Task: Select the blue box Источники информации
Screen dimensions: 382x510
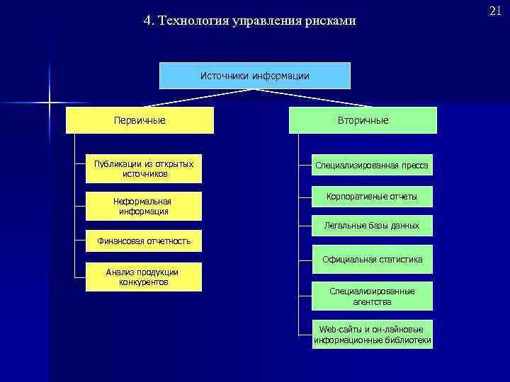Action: pyautogui.click(x=254, y=75)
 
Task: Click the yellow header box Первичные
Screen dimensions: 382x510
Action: pyautogui.click(x=140, y=120)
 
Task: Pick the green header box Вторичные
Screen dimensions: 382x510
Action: pyautogui.click(x=363, y=120)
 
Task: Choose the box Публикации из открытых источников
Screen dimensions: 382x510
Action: pyautogui.click(x=144, y=168)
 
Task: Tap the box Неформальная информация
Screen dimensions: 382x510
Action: pyautogui.click(x=143, y=206)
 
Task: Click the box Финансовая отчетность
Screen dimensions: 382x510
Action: pyautogui.click(x=144, y=241)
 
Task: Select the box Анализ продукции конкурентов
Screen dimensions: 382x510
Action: pyautogui.click(x=143, y=277)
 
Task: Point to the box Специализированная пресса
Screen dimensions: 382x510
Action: pyautogui.click(x=373, y=166)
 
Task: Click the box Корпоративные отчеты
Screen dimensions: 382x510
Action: pyautogui.click(x=373, y=196)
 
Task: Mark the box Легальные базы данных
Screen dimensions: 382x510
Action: pyautogui.click(x=373, y=226)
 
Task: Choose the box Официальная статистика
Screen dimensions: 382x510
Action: pyautogui.click(x=373, y=260)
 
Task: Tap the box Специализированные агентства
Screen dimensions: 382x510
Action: pyautogui.click(x=373, y=296)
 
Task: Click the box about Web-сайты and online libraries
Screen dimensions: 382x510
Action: pyautogui.click(x=373, y=335)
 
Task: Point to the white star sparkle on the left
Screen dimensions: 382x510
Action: pyautogui.click(x=50, y=103)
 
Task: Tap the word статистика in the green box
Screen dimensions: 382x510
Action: pyautogui.click(x=400, y=260)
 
